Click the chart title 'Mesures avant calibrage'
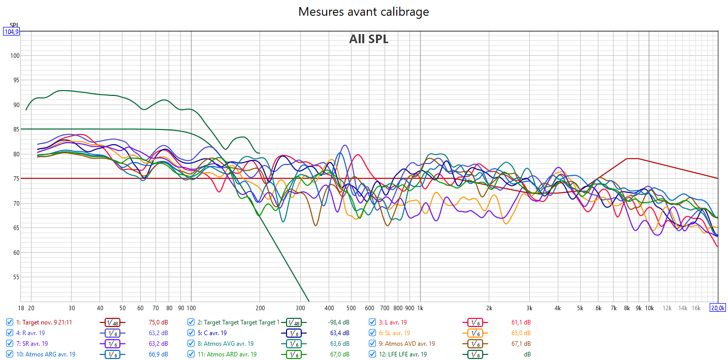[363, 12]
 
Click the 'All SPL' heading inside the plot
[368, 39]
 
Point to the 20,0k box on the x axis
[718, 308]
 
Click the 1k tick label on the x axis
[420, 308]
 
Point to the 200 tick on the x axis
[260, 308]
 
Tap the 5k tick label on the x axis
[580, 308]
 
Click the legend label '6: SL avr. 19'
[394, 333]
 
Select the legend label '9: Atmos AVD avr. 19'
[406, 344]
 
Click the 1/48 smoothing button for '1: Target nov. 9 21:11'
[112, 322]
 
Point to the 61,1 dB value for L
[521, 322]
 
